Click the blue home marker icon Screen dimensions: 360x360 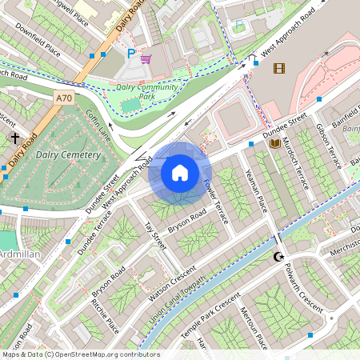pyautogui.click(x=180, y=173)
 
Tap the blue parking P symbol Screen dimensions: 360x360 pyautogui.click(x=131, y=54)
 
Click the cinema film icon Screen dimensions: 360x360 pyautogui.click(x=278, y=68)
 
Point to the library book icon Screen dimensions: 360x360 pyautogui.click(x=275, y=144)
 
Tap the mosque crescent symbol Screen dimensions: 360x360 pyautogui.click(x=278, y=257)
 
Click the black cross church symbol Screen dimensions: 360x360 pyautogui.click(x=15, y=138)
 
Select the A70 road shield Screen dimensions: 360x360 pyautogui.click(x=65, y=97)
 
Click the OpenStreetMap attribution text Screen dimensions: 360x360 pyautogui.click(x=80, y=354)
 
